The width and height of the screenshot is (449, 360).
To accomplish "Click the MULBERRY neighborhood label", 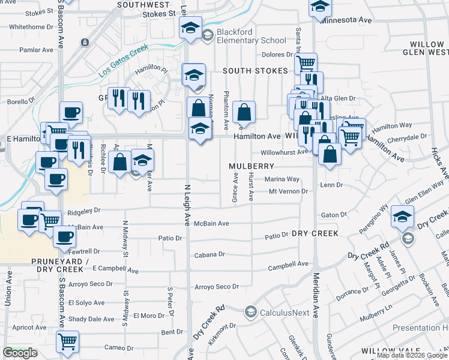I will pos(252,166).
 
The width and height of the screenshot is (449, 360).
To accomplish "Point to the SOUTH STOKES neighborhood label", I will pos(255,71).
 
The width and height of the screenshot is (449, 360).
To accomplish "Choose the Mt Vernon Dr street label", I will pos(288,191).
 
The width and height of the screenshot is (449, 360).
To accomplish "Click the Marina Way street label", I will pos(282,179).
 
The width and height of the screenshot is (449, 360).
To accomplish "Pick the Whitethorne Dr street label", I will pos(32,27).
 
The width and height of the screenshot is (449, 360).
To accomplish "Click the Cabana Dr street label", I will pos(209,254).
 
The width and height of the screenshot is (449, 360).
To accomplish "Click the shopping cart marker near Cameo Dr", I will pos(67,341).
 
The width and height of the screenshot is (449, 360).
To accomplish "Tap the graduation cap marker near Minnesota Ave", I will pos(321,7).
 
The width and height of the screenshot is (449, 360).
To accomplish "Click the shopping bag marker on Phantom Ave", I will pos(244,112).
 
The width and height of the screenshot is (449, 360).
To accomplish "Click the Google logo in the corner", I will pos(20,353).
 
